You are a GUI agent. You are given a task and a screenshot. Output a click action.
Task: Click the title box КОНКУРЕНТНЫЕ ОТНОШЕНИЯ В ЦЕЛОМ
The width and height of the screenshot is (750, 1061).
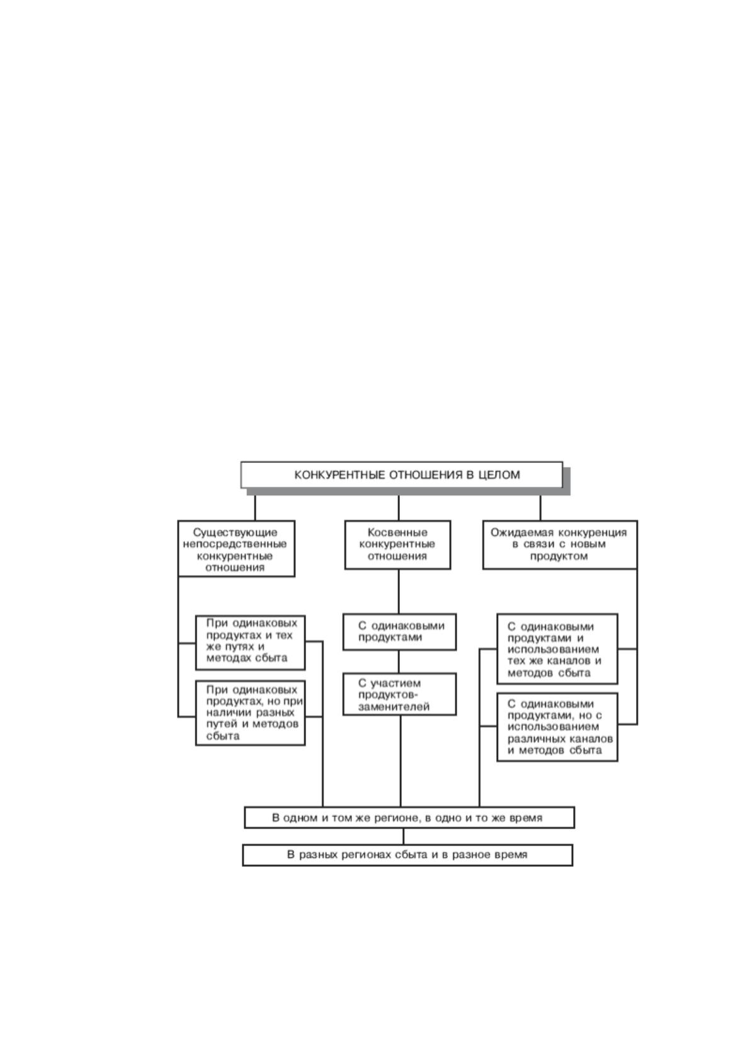click(402, 474)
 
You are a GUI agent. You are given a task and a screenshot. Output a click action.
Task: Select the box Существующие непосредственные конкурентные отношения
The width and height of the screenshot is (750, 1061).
click(236, 549)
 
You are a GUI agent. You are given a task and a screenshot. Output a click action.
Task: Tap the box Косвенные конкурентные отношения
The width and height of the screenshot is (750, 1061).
click(398, 545)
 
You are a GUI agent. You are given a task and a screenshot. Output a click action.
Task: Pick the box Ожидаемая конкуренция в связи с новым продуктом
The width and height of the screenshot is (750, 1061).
click(560, 545)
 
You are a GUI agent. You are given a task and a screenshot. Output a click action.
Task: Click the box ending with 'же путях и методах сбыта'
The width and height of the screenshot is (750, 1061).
click(251, 643)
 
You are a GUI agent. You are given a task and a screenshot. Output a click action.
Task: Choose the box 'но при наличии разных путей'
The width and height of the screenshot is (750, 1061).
click(251, 713)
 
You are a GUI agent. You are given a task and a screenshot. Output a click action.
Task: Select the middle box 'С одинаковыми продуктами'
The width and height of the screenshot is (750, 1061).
click(400, 632)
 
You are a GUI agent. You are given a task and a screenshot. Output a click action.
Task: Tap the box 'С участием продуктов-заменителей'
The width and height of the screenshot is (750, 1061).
click(400, 694)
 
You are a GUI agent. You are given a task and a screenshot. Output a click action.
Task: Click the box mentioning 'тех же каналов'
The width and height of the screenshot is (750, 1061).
click(557, 649)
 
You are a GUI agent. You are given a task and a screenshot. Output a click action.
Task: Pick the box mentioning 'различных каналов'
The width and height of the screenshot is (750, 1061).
click(557, 727)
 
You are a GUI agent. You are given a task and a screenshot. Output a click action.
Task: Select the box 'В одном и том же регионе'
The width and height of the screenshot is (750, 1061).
click(409, 818)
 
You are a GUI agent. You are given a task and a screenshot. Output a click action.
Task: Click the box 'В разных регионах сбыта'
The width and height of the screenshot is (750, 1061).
click(407, 855)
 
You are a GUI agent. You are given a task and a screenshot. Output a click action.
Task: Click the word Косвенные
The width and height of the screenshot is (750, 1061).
click(398, 532)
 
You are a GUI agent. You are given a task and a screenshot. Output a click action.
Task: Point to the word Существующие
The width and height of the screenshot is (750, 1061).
click(236, 533)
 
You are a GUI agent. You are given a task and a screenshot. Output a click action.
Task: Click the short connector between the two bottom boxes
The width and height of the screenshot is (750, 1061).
click(404, 837)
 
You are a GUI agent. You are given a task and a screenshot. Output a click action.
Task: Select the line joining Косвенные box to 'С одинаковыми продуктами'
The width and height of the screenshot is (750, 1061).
click(398, 592)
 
